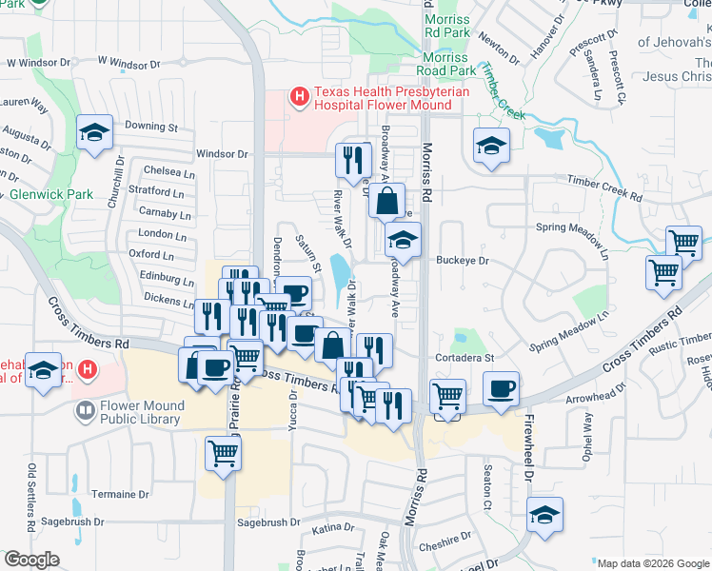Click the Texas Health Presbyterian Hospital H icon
coord(299,96)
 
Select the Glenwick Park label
coord(51,194)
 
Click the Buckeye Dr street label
coord(462,260)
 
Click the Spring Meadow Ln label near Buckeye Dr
coord(571,229)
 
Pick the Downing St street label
coord(151,126)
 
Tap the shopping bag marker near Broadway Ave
coord(386,201)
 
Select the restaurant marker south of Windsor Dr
coord(351,158)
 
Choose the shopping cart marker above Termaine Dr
coord(224,453)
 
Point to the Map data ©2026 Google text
coord(652,563)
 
